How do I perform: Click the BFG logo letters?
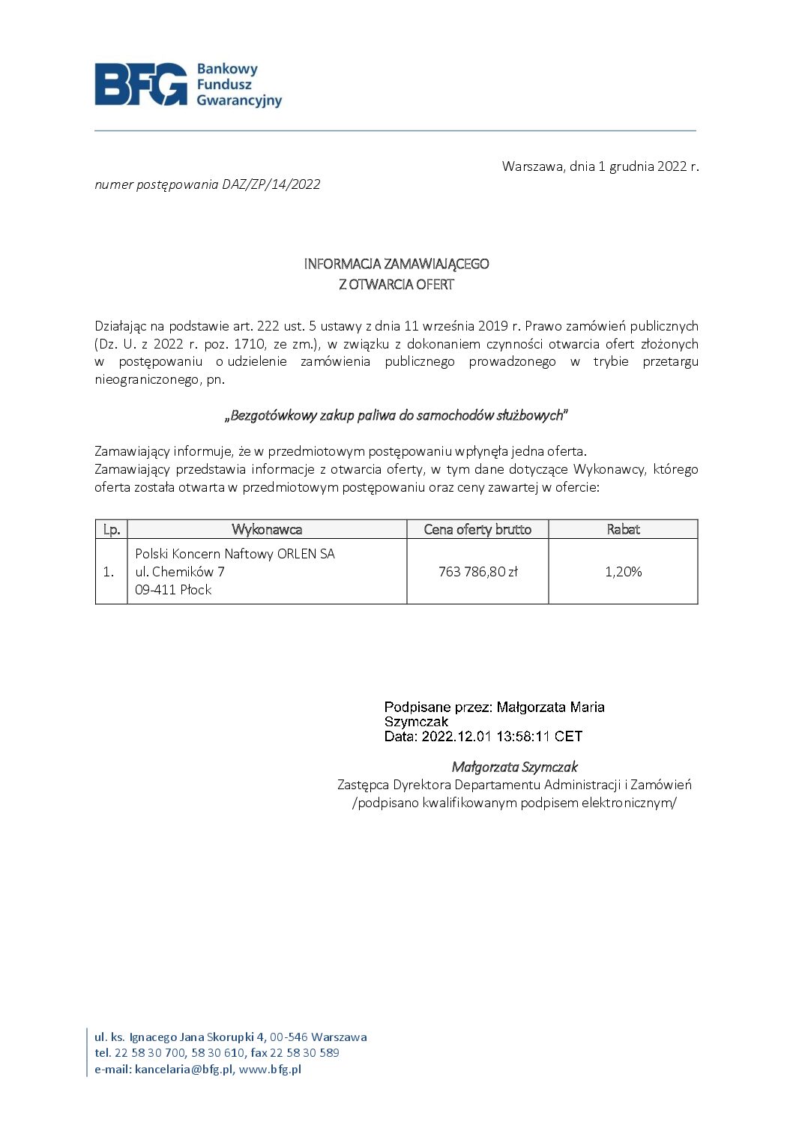tap(141, 84)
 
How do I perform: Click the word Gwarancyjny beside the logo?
tap(239, 100)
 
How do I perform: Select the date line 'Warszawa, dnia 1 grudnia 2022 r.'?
tap(600, 166)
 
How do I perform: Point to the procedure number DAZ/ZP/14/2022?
tap(271, 184)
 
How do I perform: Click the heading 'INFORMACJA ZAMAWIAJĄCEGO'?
tap(396, 264)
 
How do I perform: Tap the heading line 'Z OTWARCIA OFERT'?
tap(396, 284)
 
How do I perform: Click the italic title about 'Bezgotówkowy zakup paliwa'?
tap(396, 415)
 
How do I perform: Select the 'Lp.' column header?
tap(112, 529)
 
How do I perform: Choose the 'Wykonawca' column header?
tap(267, 529)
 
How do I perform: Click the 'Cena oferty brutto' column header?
tap(477, 529)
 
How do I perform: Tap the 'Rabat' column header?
tap(623, 529)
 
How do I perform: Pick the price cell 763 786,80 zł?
tap(477, 572)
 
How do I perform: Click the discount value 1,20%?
tap(623, 572)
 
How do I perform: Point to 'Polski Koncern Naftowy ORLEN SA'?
tap(235, 554)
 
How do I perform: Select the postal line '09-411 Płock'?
tap(173, 590)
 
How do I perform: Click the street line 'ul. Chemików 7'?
tap(180, 572)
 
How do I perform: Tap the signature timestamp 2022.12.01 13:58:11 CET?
tap(501, 737)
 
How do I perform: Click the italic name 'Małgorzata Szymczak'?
tap(514, 767)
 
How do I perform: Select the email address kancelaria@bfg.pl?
tap(184, 1070)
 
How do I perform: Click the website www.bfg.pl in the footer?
tap(270, 1070)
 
